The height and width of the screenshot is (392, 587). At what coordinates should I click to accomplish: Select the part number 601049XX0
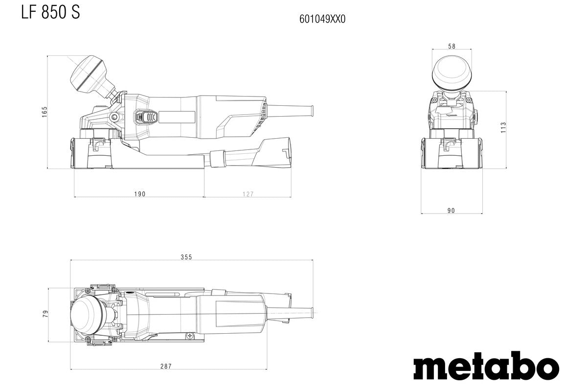click(322, 19)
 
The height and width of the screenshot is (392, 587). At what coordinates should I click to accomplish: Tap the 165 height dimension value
click(44, 112)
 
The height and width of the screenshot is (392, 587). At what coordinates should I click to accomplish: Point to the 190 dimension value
click(139, 194)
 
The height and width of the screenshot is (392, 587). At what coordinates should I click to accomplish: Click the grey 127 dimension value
click(248, 194)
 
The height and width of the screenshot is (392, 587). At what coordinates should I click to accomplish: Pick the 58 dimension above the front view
click(451, 47)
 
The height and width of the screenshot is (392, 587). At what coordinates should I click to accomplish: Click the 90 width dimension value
click(451, 211)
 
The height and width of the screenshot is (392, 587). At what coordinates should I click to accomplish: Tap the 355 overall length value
click(186, 257)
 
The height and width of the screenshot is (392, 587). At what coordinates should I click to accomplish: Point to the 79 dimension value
click(45, 314)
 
